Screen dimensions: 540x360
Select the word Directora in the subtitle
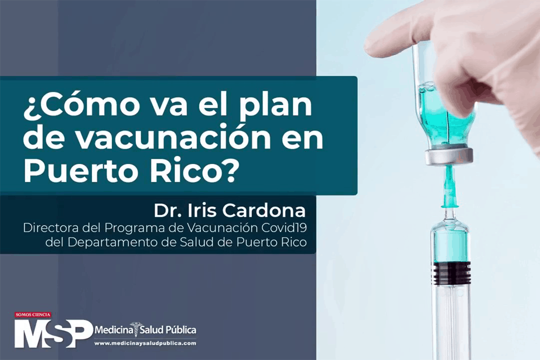tap(51, 228)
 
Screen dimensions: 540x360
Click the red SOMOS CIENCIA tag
tap(33, 314)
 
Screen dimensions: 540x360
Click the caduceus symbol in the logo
tap(136, 330)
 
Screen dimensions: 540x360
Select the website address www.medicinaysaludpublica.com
tap(145, 343)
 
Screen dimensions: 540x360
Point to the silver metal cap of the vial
tap(449, 157)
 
